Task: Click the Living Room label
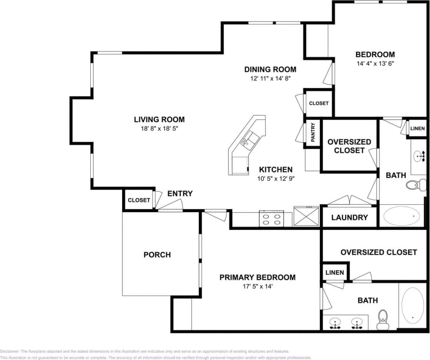[x=159, y=120]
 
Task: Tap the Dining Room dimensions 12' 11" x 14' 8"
[x=270, y=79]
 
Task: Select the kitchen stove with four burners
[x=271, y=218]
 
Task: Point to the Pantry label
[x=313, y=133]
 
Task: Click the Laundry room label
[x=349, y=218]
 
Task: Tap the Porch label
[x=157, y=255]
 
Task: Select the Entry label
[x=180, y=194]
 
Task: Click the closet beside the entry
[x=139, y=200]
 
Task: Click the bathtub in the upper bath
[x=402, y=216]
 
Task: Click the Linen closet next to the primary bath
[x=334, y=273]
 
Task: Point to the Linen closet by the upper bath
[x=417, y=129]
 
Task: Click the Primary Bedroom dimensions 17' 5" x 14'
[x=257, y=287]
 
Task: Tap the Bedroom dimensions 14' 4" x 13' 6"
[x=375, y=63]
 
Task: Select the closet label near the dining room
[x=319, y=103]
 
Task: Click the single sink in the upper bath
[x=420, y=155]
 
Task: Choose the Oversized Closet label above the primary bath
[x=378, y=252]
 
